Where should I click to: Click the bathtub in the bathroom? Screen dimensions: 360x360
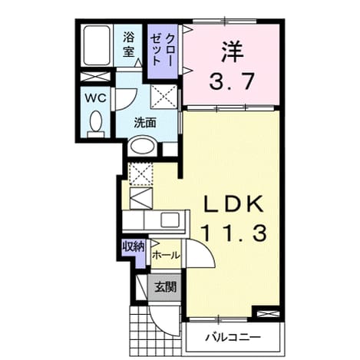(97, 45)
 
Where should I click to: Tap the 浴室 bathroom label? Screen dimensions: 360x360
(128, 45)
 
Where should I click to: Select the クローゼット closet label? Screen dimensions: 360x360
(162, 50)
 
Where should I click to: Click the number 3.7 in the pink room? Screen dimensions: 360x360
(232, 81)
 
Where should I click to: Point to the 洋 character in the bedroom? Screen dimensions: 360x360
(233, 52)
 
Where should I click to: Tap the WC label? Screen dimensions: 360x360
(96, 98)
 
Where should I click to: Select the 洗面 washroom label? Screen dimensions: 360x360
(145, 124)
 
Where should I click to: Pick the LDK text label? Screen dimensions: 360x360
(233, 204)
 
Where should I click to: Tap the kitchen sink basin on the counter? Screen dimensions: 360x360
(170, 220)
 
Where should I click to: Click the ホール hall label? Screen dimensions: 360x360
(166, 255)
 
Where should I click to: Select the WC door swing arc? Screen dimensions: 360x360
(130, 101)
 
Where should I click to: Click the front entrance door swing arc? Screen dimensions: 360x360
(160, 325)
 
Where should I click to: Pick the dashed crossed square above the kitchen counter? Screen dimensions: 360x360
(141, 174)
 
